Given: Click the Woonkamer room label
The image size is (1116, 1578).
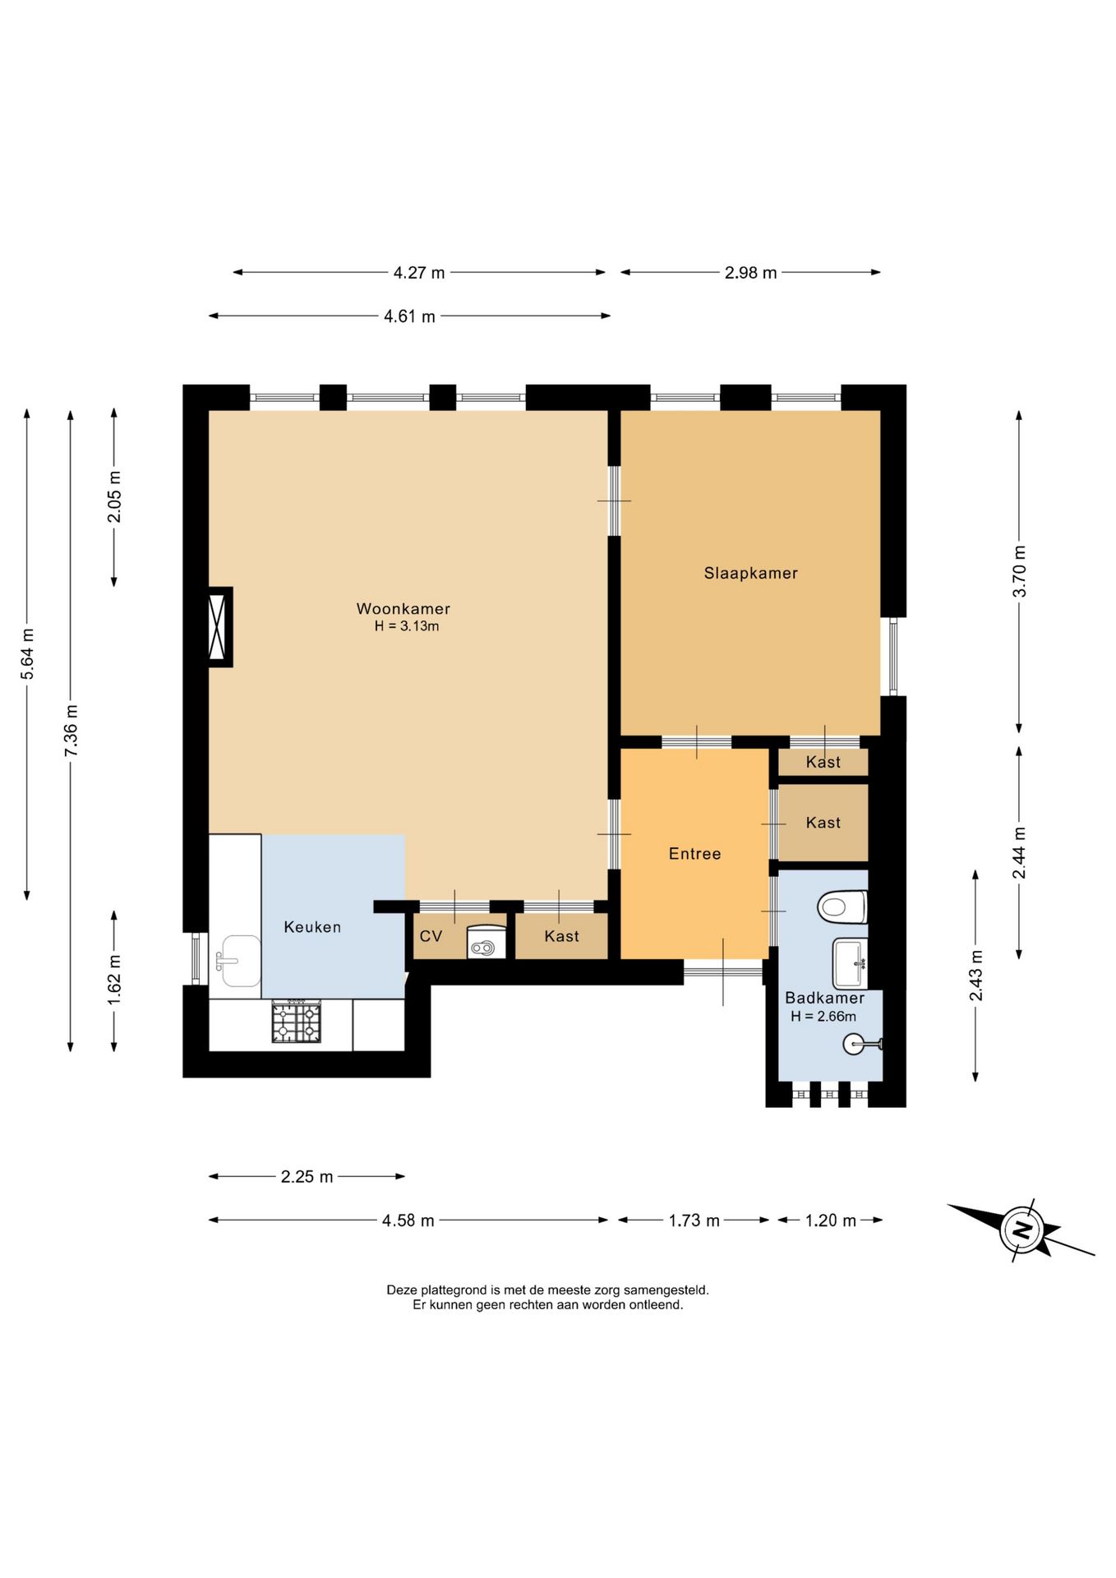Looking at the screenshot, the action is (403, 609).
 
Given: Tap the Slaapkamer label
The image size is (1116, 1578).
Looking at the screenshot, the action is (750, 573).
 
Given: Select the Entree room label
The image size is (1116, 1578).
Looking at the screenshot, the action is (694, 854).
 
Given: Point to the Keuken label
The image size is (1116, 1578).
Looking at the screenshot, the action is (312, 927).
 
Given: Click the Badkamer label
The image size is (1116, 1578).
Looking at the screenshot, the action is (824, 998).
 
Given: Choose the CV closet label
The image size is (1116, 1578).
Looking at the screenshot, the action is (431, 936).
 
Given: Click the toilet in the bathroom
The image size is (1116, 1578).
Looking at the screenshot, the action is (842, 907).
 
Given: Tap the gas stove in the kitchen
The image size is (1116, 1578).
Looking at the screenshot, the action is (297, 1022).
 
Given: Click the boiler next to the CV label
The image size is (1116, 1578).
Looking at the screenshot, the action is (487, 943).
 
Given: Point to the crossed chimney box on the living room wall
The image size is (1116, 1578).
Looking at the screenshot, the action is (219, 626).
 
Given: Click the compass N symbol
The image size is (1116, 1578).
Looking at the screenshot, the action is (1021, 1230).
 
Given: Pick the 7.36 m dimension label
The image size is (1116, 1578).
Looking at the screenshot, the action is (71, 731).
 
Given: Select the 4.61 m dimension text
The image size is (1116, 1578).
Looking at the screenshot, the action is (409, 316).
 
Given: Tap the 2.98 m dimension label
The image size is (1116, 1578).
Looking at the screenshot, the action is (750, 273).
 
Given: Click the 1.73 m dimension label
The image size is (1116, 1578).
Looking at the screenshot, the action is (694, 1220).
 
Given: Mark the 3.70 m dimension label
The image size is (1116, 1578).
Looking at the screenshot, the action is (1019, 571).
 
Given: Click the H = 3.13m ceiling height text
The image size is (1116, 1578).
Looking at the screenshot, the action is (406, 626).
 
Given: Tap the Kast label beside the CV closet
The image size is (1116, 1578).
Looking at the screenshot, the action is (561, 936).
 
